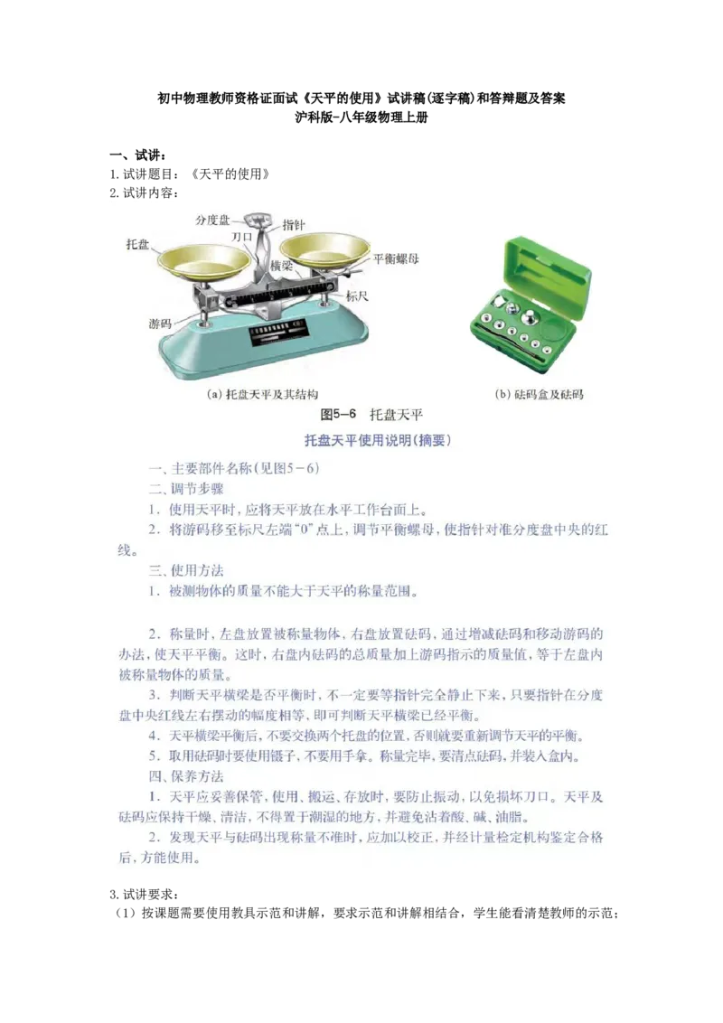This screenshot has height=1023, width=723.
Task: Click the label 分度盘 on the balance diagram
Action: click(213, 220)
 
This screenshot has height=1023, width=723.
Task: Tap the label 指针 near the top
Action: click(294, 225)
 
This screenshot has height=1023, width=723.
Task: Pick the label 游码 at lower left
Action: click(160, 323)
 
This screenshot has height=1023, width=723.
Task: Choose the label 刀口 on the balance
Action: click(241, 236)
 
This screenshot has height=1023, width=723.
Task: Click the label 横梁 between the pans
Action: click(281, 267)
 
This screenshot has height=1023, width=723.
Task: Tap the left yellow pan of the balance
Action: click(204, 260)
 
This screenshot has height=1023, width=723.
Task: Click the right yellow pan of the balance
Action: click(325, 248)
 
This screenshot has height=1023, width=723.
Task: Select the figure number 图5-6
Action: click(341, 415)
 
